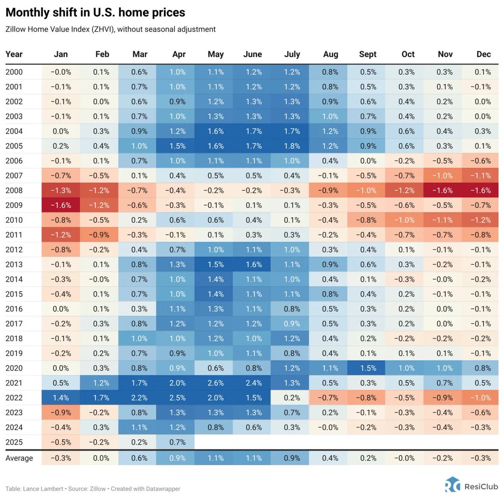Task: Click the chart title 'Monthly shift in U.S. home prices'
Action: point(95,13)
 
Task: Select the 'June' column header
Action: point(252,54)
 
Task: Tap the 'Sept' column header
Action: point(367,54)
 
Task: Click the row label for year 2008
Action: point(14,191)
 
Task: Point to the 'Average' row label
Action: point(19,458)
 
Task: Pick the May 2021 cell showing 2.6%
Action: point(215,383)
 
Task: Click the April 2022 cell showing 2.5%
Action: point(177,397)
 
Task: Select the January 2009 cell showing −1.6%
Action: point(61,205)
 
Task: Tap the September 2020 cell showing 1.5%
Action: point(368,368)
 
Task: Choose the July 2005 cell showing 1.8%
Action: point(292,146)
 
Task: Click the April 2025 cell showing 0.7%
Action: point(177,442)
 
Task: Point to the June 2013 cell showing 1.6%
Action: point(254,265)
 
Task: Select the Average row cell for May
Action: point(215,458)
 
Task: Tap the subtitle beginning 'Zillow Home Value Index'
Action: point(110,29)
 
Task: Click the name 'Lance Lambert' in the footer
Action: point(43,489)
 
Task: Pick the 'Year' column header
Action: point(14,54)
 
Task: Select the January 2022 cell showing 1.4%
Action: point(61,397)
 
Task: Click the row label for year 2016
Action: point(14,309)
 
